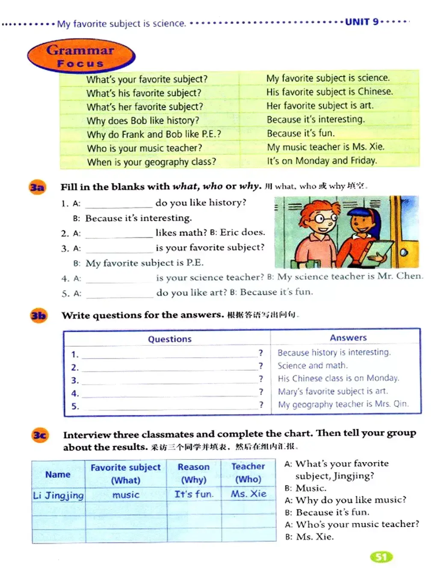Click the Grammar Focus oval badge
[x=81, y=56]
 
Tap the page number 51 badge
[x=381, y=556]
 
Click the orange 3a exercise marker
[x=37, y=187]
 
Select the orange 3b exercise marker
[x=38, y=316]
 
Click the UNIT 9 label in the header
[x=361, y=21]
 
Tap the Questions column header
[x=169, y=339]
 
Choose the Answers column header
[x=348, y=338]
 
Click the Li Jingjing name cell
[x=59, y=495]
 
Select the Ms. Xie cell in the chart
[x=249, y=494]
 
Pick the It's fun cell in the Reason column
[x=194, y=494]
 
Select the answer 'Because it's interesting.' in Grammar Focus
[x=316, y=119]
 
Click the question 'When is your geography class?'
[x=151, y=162]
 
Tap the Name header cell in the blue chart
[x=58, y=474]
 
